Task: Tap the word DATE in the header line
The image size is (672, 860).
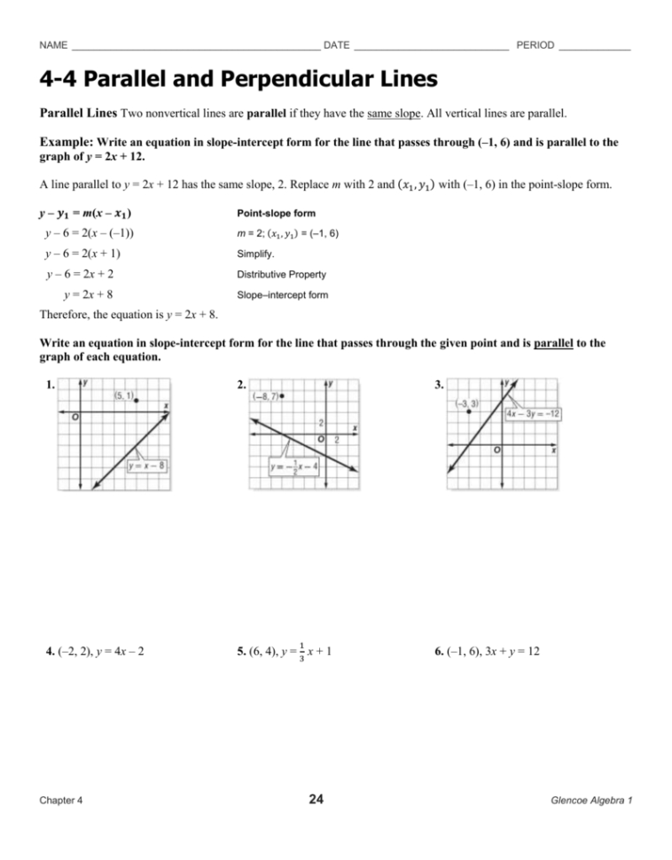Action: [337, 45]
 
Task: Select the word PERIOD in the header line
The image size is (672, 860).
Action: [535, 45]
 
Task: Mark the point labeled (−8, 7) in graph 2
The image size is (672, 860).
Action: [281, 396]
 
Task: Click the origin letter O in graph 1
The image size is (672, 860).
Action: [74, 418]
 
